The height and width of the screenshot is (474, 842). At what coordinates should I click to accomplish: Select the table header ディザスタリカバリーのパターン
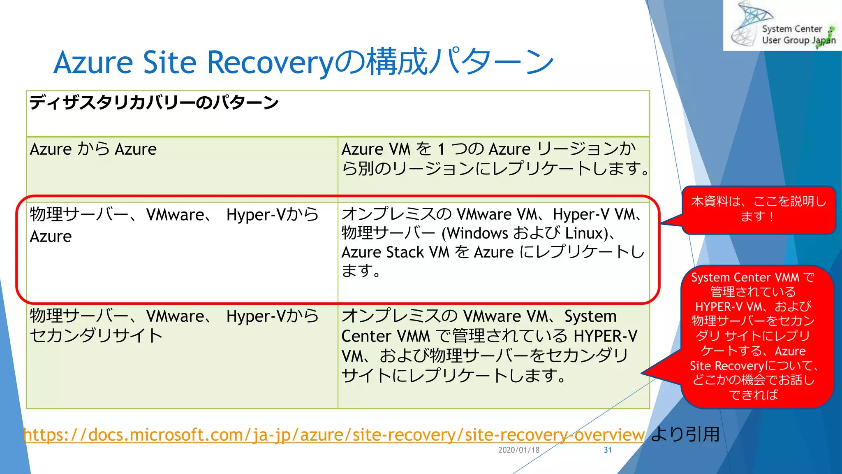click(x=154, y=102)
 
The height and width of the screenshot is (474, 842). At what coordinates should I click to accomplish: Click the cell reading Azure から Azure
click(x=93, y=149)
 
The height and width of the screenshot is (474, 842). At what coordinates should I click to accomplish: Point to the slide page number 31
click(x=608, y=450)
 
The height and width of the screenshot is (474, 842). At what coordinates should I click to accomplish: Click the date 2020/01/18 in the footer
click(x=519, y=450)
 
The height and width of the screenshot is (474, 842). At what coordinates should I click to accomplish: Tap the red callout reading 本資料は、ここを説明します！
click(x=759, y=209)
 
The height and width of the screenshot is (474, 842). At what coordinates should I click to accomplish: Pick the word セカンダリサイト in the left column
click(x=96, y=336)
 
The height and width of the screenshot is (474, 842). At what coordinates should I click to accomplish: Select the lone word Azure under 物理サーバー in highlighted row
click(x=51, y=237)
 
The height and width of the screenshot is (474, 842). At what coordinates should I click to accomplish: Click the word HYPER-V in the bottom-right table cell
click(x=605, y=336)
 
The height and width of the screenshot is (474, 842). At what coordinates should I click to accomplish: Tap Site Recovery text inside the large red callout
click(x=726, y=366)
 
